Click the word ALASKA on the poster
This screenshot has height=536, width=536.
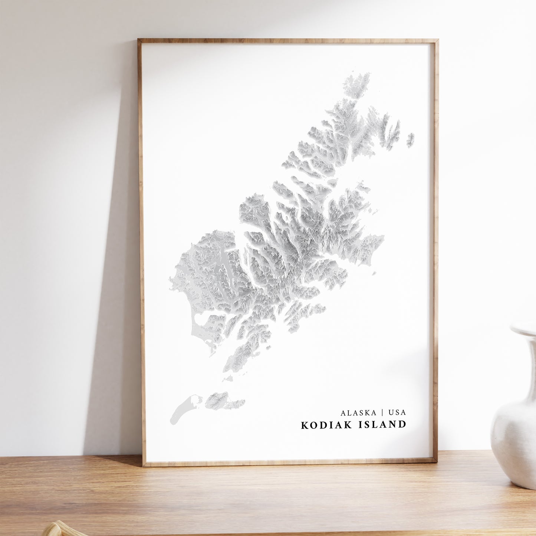[357, 412]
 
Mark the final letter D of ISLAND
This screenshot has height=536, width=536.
[402, 425]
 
